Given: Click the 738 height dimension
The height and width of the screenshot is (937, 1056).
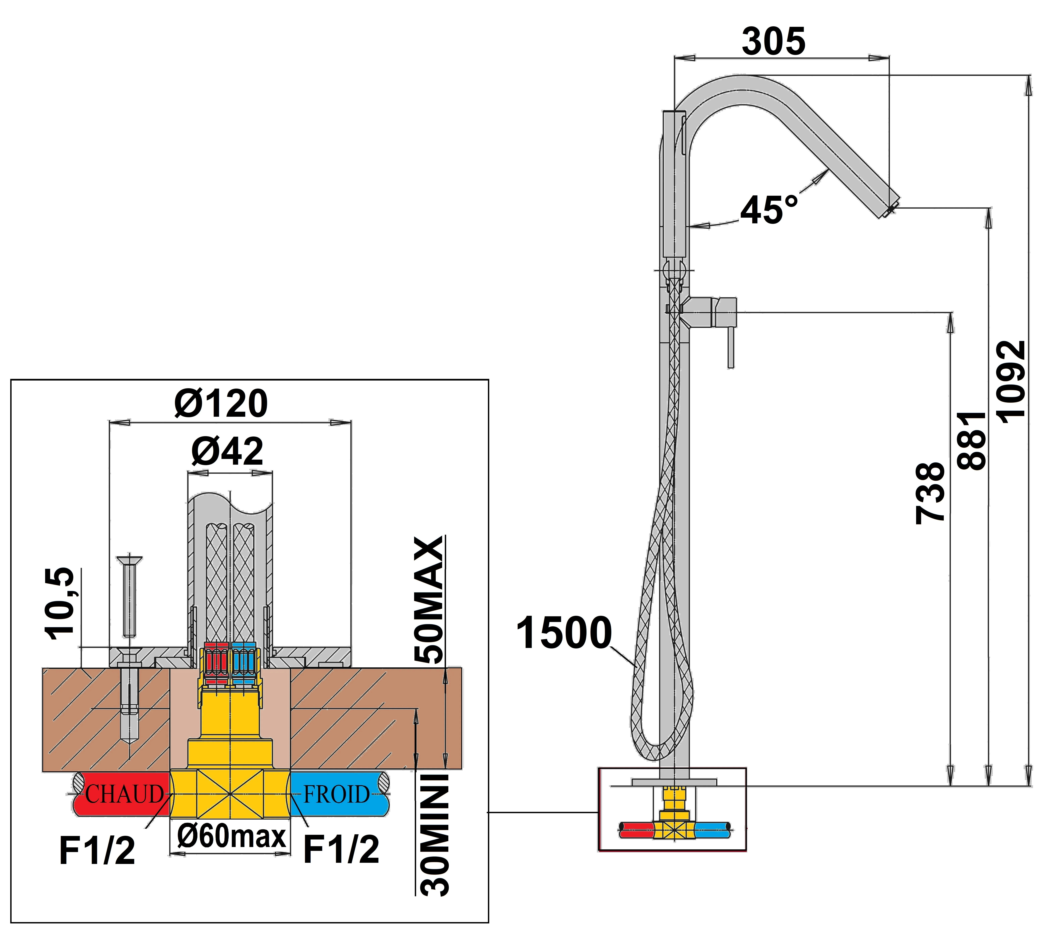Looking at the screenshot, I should (930, 493).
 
